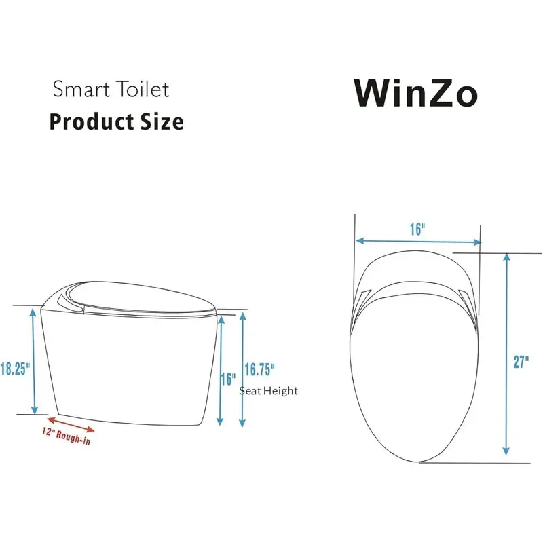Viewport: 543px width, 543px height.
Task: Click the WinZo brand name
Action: (x=415, y=92)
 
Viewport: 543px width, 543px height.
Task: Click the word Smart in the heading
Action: (x=81, y=89)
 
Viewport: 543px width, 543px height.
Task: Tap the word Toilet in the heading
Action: (x=143, y=89)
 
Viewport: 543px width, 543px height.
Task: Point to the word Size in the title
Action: (x=162, y=121)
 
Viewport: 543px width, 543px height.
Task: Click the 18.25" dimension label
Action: (x=15, y=369)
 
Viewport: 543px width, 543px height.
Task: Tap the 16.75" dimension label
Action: (x=260, y=369)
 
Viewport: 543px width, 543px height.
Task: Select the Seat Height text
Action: (x=268, y=391)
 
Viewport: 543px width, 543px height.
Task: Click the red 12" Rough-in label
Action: (x=66, y=436)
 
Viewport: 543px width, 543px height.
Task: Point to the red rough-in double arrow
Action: (x=71, y=425)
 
